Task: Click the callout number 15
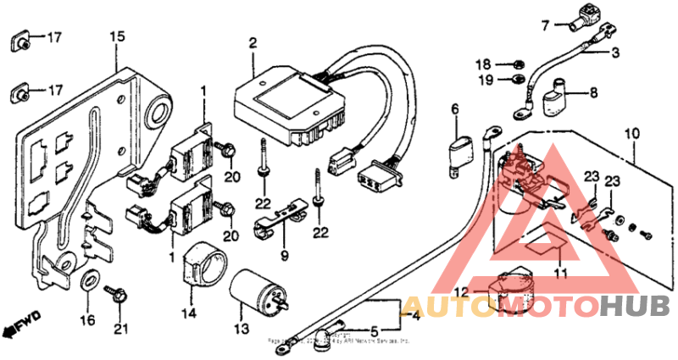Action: (117, 36)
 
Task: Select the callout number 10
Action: (630, 134)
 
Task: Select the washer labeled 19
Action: (513, 80)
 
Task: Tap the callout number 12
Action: (459, 292)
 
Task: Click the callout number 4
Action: (415, 318)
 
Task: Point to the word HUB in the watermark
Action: (636, 305)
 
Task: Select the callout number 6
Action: (454, 108)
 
